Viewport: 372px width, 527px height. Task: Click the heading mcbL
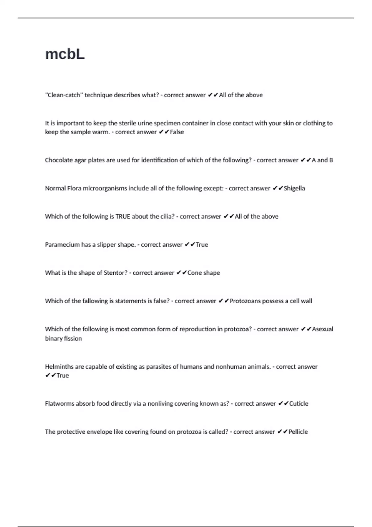65,54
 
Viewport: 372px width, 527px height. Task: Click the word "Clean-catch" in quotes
64,95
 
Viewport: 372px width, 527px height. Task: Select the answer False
177,132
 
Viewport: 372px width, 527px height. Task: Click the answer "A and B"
322,160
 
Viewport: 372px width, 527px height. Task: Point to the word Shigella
294,188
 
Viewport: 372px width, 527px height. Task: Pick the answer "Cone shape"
204,273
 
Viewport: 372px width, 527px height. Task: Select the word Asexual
322,329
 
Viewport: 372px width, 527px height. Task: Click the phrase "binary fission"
63,339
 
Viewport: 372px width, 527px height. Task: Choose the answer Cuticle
299,404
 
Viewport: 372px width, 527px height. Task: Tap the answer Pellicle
298,432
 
